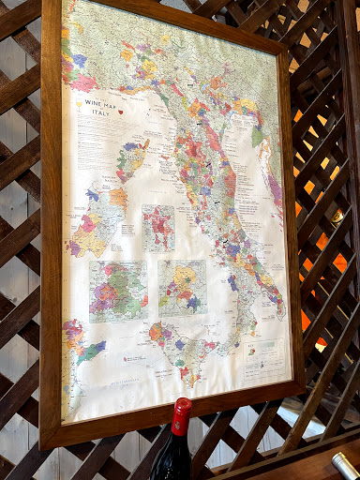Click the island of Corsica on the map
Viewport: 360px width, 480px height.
[x=132, y=158]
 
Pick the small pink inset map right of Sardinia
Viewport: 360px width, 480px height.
[x=158, y=228]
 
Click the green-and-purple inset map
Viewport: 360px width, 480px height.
[x=118, y=291]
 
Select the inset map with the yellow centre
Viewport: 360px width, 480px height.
[x=182, y=287]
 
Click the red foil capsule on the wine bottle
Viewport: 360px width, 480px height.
[x=181, y=416]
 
